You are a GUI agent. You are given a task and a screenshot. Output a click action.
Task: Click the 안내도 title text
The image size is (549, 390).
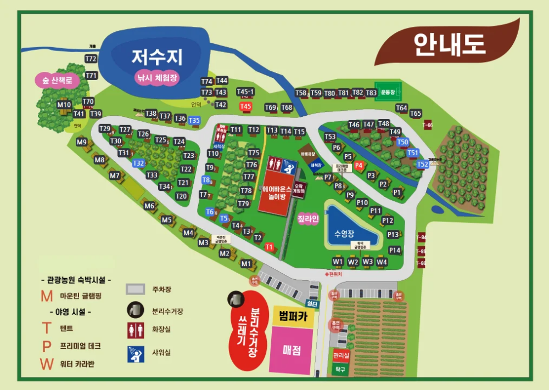click(450, 44)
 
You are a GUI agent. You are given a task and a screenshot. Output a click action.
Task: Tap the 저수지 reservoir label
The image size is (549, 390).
click(156, 56)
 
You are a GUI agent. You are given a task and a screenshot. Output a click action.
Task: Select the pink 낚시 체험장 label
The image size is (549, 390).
click(158, 78)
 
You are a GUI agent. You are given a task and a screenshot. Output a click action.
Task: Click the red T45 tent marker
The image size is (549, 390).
click(245, 106)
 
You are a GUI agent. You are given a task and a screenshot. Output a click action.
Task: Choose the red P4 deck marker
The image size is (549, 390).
click(359, 165)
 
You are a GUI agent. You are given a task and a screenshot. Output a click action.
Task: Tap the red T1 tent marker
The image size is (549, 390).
click(269, 247)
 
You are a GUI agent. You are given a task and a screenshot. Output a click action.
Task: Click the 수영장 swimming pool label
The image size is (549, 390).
click(345, 233)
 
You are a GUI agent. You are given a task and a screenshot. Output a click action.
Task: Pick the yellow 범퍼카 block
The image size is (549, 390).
click(292, 316)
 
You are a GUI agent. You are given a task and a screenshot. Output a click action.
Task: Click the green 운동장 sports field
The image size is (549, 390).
click(388, 92)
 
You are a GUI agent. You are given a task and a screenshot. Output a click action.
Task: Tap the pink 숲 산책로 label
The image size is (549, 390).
click(57, 81)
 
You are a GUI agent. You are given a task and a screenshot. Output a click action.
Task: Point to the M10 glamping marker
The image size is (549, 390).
click(64, 105)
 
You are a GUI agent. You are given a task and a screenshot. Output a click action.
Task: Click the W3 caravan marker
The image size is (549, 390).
click(367, 262)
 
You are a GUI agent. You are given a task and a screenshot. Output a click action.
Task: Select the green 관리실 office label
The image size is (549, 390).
click(341, 355)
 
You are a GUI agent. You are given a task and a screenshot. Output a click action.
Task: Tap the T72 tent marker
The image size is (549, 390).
click(91, 59)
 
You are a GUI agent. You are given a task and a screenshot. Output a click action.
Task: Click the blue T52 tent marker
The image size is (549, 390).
click(422, 164)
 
